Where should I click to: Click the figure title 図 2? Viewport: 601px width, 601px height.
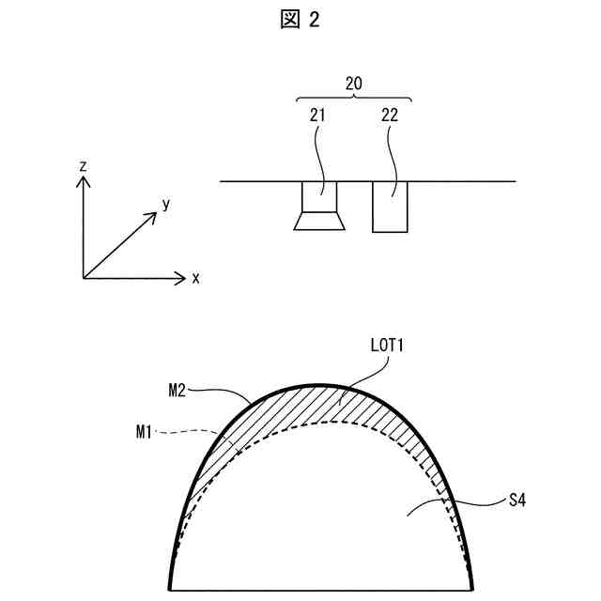click(300, 21)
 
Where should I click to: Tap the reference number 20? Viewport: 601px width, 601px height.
click(354, 84)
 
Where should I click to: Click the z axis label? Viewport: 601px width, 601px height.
click(84, 165)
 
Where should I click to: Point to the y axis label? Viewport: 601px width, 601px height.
click(165, 203)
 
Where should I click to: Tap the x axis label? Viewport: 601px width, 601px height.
click(195, 278)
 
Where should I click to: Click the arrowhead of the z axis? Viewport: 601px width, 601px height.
click(84, 182)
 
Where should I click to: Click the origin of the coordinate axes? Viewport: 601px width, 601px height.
click(84, 277)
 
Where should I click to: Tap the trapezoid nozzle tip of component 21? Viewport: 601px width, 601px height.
click(319, 222)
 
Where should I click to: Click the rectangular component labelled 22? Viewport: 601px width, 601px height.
click(390, 207)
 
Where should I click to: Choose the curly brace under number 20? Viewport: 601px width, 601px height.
click(354, 97)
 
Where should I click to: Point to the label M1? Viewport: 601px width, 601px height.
click(143, 433)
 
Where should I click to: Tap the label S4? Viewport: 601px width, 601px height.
click(516, 501)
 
